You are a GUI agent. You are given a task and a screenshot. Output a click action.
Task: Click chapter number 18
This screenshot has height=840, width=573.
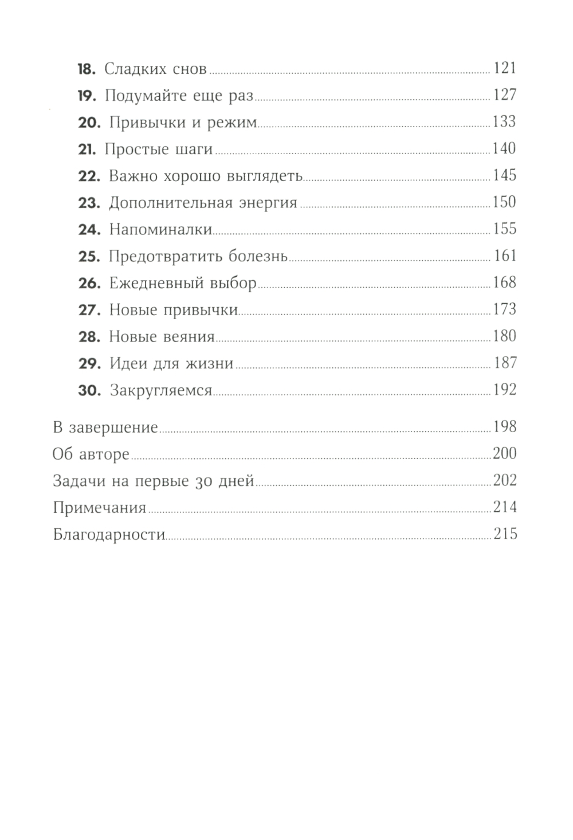pyautogui.click(x=86, y=69)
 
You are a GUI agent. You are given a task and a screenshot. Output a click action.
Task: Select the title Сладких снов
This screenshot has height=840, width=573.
pyautogui.click(x=155, y=69)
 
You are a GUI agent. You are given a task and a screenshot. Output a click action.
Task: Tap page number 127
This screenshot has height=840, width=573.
pyautogui.click(x=505, y=95)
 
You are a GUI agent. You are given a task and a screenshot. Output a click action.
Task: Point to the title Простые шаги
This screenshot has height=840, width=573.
pyautogui.click(x=159, y=150)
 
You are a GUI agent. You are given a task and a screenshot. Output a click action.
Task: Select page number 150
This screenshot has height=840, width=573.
pyautogui.click(x=504, y=202)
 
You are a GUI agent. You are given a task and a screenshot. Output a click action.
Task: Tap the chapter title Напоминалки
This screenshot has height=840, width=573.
pyautogui.click(x=160, y=230)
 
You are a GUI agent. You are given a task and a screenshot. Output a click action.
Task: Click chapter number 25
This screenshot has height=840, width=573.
pyautogui.click(x=89, y=257)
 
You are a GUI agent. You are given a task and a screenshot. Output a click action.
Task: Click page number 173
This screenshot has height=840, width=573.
pyautogui.click(x=505, y=309)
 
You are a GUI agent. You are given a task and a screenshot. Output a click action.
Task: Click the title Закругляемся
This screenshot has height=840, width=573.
pyautogui.click(x=161, y=391)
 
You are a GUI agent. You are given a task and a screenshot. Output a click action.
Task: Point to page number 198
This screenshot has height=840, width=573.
pyautogui.click(x=505, y=427)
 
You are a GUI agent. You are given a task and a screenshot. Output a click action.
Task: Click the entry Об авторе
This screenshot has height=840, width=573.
pyautogui.click(x=91, y=454)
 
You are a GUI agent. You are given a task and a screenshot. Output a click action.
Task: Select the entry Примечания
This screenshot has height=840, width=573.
pyautogui.click(x=100, y=508)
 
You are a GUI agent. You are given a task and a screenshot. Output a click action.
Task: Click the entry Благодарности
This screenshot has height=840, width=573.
pyautogui.click(x=109, y=535)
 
